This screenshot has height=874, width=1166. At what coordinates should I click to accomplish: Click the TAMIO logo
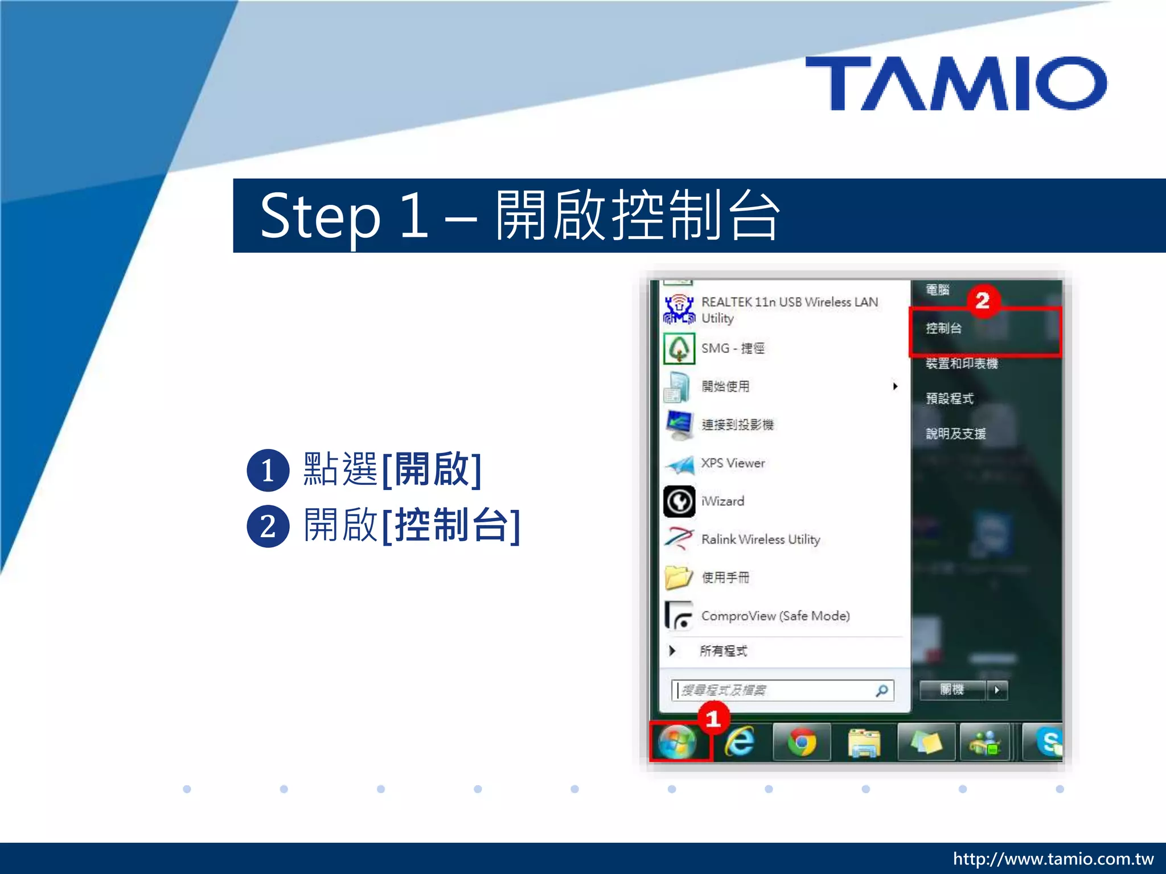pyautogui.click(x=956, y=83)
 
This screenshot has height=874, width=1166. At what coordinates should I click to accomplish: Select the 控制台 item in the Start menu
pyautogui.click(x=944, y=328)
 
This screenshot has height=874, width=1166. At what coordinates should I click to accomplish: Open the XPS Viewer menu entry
pyautogui.click(x=733, y=463)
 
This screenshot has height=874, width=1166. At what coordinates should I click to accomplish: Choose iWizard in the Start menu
pyautogui.click(x=722, y=501)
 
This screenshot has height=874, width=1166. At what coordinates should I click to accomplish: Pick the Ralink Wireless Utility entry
pyautogui.click(x=760, y=539)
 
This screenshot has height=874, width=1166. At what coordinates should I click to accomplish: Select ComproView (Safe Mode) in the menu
pyautogui.click(x=775, y=616)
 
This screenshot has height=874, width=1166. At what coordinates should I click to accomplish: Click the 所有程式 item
pyautogui.click(x=723, y=651)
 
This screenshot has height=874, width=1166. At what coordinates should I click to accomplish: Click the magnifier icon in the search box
pyautogui.click(x=881, y=691)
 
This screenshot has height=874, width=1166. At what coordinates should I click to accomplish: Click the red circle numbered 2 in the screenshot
pyautogui.click(x=982, y=300)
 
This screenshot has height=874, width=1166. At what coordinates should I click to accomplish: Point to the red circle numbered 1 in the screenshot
pyautogui.click(x=713, y=719)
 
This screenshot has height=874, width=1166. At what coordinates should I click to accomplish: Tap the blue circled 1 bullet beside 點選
pyautogui.click(x=268, y=471)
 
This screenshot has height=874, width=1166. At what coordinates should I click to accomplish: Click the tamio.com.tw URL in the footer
pyautogui.click(x=1053, y=859)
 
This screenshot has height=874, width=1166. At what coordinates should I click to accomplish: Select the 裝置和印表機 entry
pyautogui.click(x=962, y=364)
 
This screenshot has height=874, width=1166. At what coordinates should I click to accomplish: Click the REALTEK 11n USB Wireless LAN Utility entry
pyautogui.click(x=789, y=310)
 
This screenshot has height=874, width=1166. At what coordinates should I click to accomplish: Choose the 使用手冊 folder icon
pyautogui.click(x=679, y=578)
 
